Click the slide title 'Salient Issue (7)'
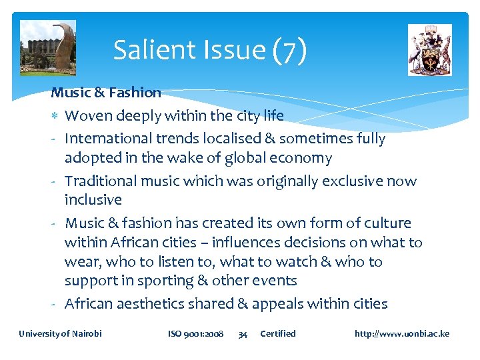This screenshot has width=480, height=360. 209,50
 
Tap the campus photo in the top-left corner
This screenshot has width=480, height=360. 48,47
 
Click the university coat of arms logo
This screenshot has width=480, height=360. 429,49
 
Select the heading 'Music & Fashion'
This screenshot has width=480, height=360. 106,93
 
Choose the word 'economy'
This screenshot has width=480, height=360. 299,159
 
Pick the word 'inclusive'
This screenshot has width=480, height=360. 93,200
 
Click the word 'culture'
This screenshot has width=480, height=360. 385,223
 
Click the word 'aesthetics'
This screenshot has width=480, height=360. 150,304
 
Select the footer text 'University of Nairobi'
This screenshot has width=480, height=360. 61,333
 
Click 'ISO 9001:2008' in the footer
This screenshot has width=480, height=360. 195,333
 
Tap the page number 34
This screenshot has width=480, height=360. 243,334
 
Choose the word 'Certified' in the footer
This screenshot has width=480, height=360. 277,333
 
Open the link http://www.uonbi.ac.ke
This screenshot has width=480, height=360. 402,333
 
